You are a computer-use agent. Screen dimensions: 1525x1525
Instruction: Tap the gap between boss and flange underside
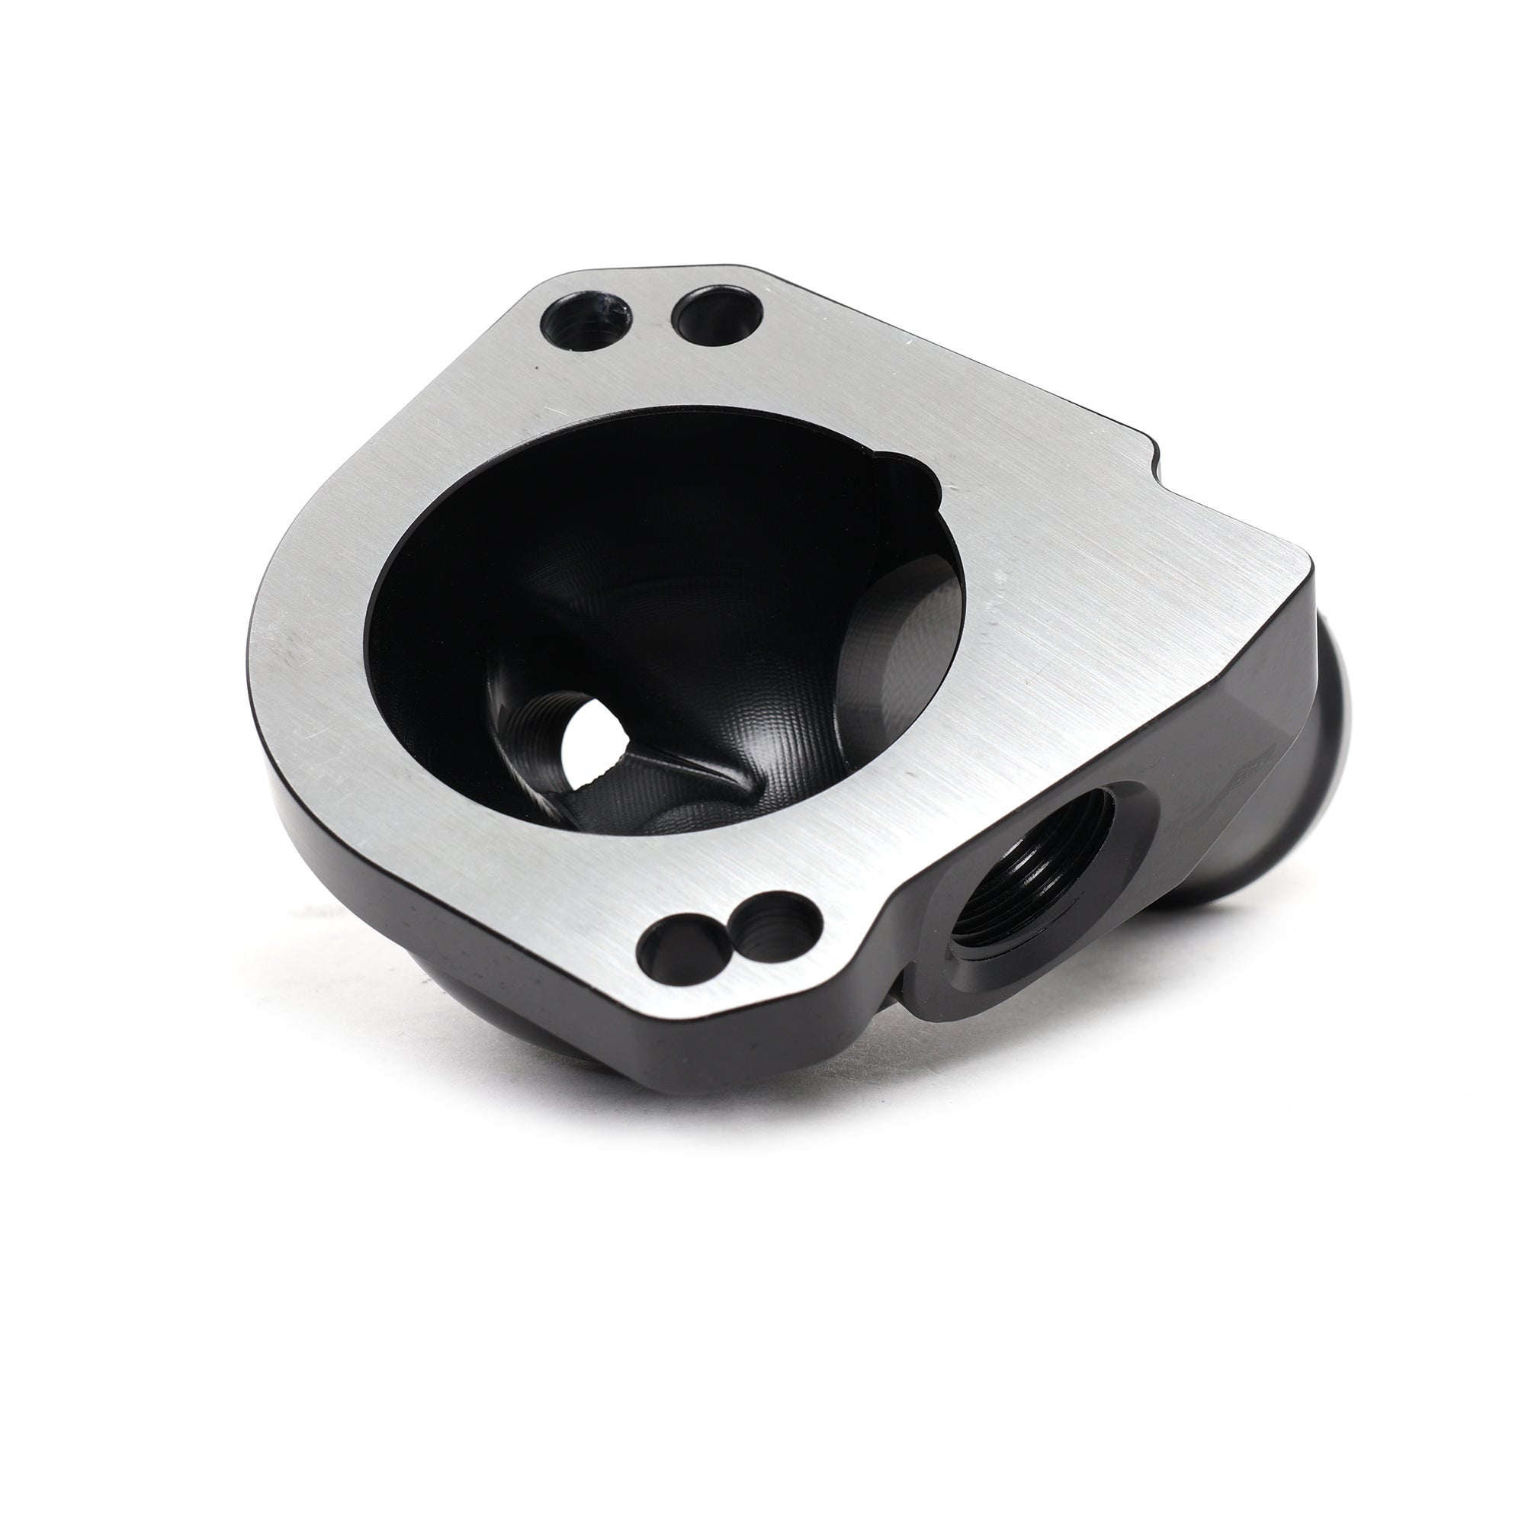coord(900,999)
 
